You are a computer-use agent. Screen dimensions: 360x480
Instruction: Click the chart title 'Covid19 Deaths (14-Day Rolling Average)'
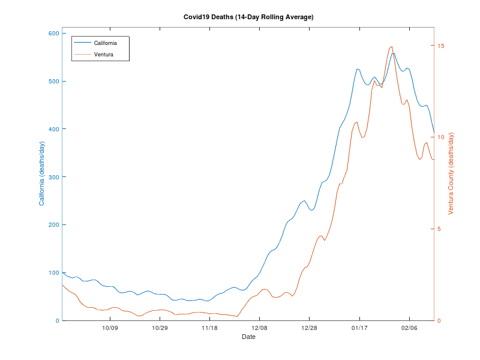pyautogui.click(x=248, y=17)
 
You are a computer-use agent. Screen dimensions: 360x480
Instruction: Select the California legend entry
pyautogui.click(x=113, y=43)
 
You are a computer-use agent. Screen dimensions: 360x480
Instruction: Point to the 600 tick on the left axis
pyautogui.click(x=52, y=33)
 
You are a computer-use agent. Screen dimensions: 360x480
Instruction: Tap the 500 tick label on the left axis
pyautogui.click(x=52, y=81)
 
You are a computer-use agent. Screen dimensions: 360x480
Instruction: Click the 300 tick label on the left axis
pyautogui.click(x=52, y=177)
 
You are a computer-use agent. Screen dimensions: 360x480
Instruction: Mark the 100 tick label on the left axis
pyautogui.click(x=52, y=273)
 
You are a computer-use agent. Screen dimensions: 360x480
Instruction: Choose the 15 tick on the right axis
pyautogui.click(x=441, y=46)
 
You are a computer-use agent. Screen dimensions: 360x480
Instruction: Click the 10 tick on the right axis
pyautogui.click(x=441, y=137)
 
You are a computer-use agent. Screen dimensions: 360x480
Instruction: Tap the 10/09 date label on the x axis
pyautogui.click(x=110, y=328)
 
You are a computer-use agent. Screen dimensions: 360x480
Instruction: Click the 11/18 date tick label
pyautogui.click(x=209, y=328)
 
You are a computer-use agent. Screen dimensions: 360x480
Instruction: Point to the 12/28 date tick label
pyautogui.click(x=309, y=328)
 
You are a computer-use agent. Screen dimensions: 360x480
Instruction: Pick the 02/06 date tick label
pyautogui.click(x=409, y=328)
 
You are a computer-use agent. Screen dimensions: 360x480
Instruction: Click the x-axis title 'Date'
pyautogui.click(x=248, y=337)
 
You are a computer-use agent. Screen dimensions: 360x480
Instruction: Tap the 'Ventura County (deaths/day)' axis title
pyautogui.click(x=452, y=174)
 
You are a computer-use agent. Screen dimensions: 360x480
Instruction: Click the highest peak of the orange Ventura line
pyautogui.click(x=392, y=46)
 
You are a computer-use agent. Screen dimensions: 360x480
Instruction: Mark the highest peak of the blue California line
pyautogui.click(x=393, y=53)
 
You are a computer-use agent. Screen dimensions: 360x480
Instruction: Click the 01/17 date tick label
pyautogui.click(x=359, y=328)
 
